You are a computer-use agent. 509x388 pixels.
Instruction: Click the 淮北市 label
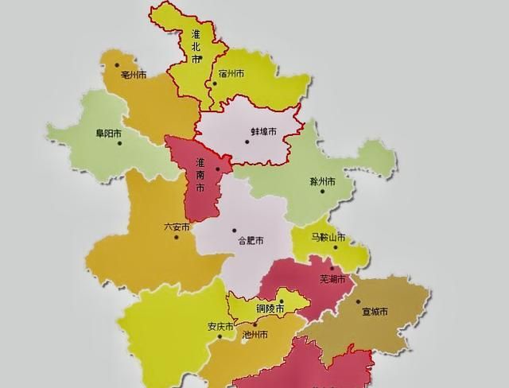point(196,46)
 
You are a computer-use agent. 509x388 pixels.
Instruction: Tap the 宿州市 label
point(231,74)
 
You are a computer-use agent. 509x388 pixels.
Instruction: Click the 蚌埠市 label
point(263,131)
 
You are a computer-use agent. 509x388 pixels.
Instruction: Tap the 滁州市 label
point(322,182)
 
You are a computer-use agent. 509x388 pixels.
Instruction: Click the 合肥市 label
point(251,239)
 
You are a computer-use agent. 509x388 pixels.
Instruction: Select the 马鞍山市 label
point(328,237)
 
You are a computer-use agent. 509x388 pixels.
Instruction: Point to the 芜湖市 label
point(332,279)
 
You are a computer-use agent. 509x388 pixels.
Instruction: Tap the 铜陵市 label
point(270,308)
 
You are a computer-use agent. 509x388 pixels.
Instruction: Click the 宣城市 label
point(374,312)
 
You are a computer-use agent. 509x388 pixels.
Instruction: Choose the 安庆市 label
point(220,327)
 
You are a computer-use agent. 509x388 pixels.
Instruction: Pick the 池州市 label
point(254,335)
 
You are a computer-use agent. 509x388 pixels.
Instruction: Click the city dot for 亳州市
point(116,65)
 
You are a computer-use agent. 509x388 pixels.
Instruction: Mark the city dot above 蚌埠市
point(247,142)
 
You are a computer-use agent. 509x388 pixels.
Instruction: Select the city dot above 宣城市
point(359,302)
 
